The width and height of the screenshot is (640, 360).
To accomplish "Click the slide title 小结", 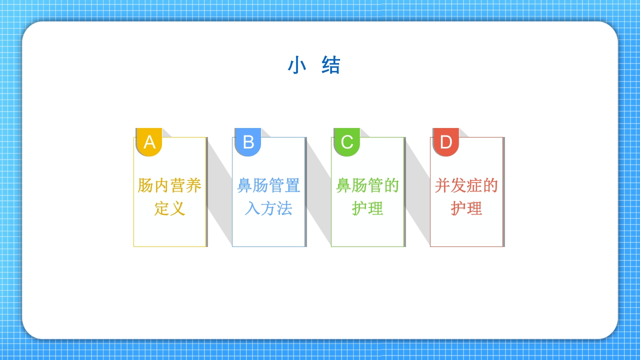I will click(x=314, y=65).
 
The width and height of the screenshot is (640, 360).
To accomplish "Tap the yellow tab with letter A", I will click(x=149, y=142).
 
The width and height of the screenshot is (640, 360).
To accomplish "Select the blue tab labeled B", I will click(x=248, y=142).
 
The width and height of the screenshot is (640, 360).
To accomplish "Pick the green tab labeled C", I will click(x=347, y=142).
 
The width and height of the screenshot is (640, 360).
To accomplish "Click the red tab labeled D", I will click(x=446, y=142).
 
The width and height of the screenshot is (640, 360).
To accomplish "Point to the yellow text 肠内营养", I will click(x=169, y=185).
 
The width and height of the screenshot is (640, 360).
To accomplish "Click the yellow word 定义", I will click(x=169, y=208).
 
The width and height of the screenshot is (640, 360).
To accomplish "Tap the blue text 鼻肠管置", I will click(x=268, y=185).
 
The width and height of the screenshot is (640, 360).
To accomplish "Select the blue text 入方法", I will click(x=268, y=208).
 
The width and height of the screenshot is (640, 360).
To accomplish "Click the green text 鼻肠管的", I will click(x=367, y=185).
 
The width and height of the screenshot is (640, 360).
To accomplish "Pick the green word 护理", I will click(x=367, y=208).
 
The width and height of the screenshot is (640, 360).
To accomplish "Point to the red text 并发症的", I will click(x=466, y=185).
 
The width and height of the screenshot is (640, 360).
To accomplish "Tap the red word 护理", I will click(x=466, y=208).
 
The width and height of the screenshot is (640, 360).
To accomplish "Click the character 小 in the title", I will click(x=297, y=65).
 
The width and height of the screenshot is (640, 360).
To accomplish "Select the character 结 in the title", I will click(x=331, y=65).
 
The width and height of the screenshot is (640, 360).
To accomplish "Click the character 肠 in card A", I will click(x=145, y=185).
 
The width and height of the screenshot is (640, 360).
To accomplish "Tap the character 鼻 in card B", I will click(x=244, y=185).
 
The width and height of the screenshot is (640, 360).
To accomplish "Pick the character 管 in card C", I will click(x=375, y=185).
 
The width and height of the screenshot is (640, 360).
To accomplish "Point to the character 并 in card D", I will click(x=442, y=185).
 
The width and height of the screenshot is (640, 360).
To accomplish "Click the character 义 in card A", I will click(x=177, y=208).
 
